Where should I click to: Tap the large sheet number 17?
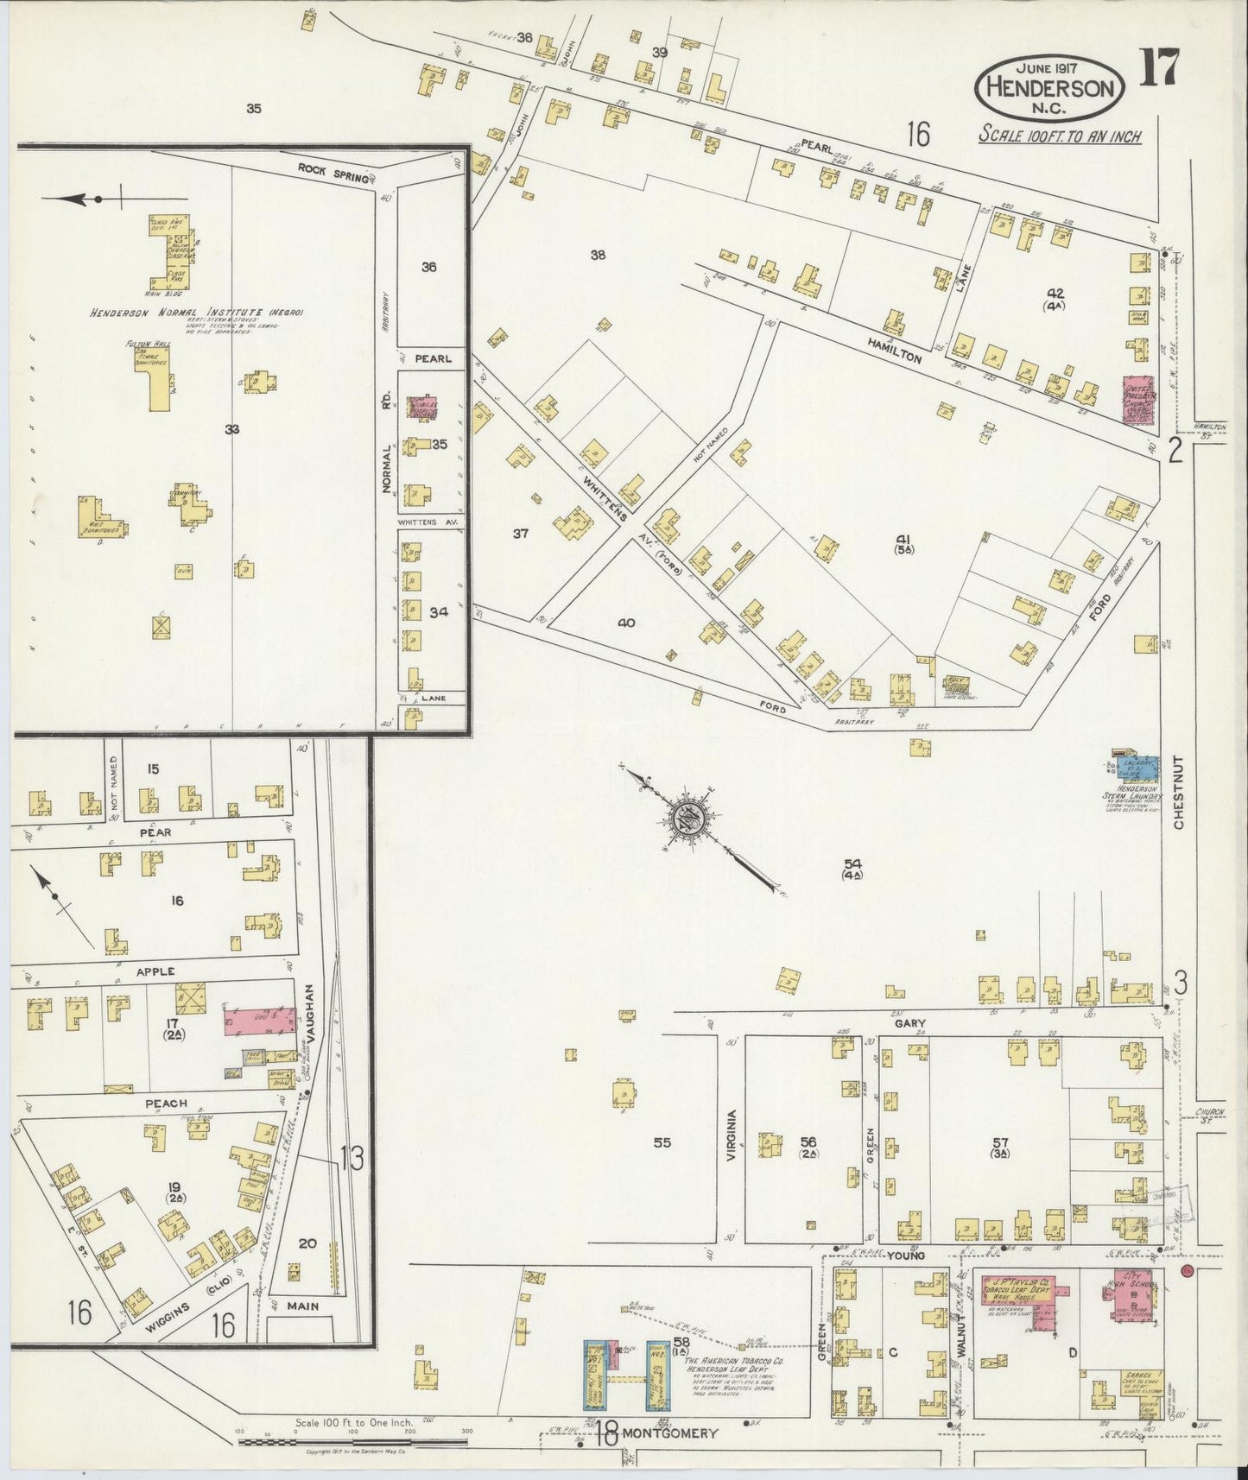click(1158, 68)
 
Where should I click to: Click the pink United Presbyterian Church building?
click(1140, 399)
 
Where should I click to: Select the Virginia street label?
click(731, 1135)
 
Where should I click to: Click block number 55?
click(662, 1142)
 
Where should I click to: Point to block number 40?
click(626, 623)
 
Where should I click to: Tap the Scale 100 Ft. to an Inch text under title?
click(1060, 136)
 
